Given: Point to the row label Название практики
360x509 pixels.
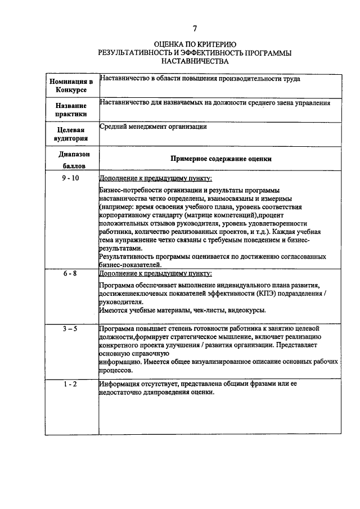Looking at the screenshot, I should point(71,110).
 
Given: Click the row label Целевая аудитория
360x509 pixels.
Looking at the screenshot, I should point(71,134).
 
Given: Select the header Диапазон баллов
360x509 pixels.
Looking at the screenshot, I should point(71,160).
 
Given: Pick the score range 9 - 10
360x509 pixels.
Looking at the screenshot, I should point(71,178).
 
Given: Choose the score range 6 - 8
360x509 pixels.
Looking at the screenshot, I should point(71,273).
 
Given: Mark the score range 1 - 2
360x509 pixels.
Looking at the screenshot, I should point(71,384).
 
